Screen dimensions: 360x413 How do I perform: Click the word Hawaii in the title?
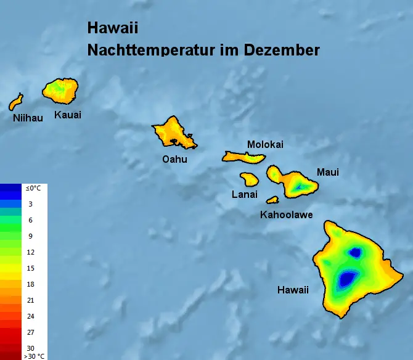pos(113,28)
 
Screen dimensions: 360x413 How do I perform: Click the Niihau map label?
pos(28,118)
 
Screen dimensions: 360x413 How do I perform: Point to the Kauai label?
pos(68,115)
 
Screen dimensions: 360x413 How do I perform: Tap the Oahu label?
pos(174,159)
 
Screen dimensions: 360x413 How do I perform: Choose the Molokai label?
pos(265,144)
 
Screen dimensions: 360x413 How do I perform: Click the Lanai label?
pos(244,194)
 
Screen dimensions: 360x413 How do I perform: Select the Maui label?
pos(327,172)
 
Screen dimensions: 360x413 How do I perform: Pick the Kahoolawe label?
pos(286,215)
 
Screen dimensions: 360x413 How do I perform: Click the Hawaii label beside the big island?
pos(293,290)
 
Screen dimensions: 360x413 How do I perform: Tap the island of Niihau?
pos(16,102)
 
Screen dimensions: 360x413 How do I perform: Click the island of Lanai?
pos(249,179)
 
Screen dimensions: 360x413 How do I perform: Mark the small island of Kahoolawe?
pos(272,200)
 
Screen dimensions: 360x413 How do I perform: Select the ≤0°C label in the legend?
pos(32,188)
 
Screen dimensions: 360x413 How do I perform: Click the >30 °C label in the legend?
pos(34,356)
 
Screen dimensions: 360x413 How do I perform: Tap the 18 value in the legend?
pos(30,284)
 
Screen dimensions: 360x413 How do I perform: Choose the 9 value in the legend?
pos(30,236)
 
